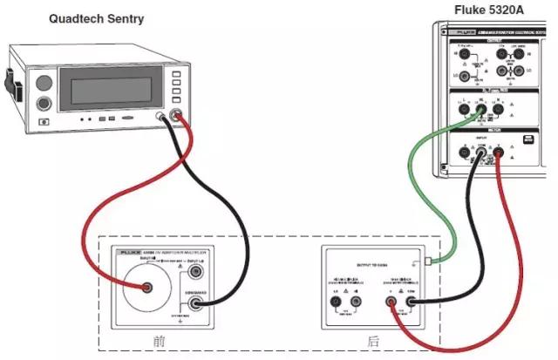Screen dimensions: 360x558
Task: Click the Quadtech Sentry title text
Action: click(x=97, y=18)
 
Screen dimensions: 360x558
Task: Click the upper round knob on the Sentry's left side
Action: click(x=42, y=85)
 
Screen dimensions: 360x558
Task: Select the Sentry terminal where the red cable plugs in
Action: click(x=178, y=116)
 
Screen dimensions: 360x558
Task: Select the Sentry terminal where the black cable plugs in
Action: click(x=162, y=116)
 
